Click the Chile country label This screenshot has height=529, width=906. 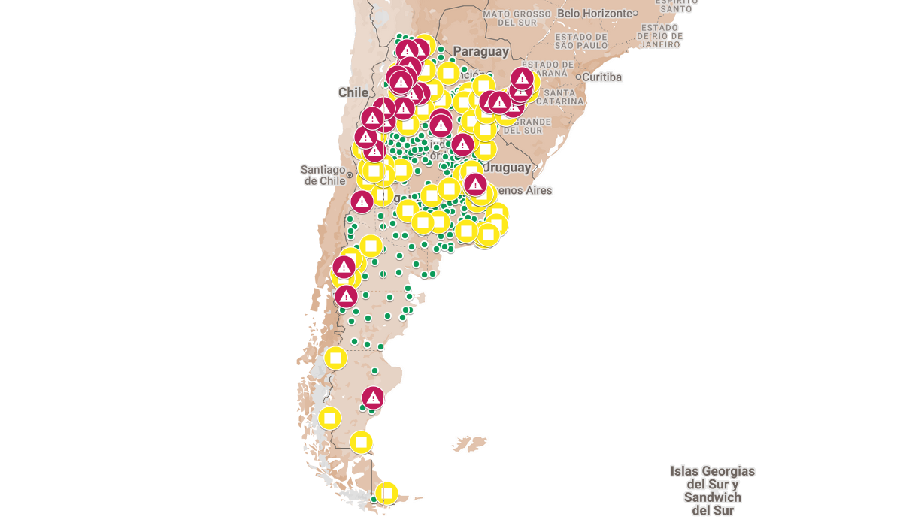(x=353, y=92)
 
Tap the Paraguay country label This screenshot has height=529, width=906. (x=481, y=51)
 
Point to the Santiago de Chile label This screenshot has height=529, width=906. (x=323, y=175)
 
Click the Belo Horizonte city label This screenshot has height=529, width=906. (x=594, y=13)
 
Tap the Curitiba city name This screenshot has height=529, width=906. (x=602, y=77)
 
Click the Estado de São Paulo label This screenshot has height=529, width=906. (x=581, y=41)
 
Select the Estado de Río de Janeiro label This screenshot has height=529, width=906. (x=662, y=35)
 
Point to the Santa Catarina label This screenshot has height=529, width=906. (x=563, y=97)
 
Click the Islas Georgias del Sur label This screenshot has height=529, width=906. (x=712, y=491)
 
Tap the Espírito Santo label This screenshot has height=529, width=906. (x=676, y=5)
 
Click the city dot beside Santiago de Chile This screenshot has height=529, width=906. (x=350, y=175)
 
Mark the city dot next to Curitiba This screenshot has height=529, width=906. (x=578, y=77)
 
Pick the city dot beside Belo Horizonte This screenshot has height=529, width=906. (x=635, y=13)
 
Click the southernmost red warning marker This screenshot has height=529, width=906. (x=373, y=397)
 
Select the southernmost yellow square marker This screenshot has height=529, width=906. (x=386, y=493)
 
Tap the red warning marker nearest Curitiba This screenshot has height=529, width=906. (x=523, y=78)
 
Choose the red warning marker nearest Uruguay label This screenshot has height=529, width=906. (x=474, y=183)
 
